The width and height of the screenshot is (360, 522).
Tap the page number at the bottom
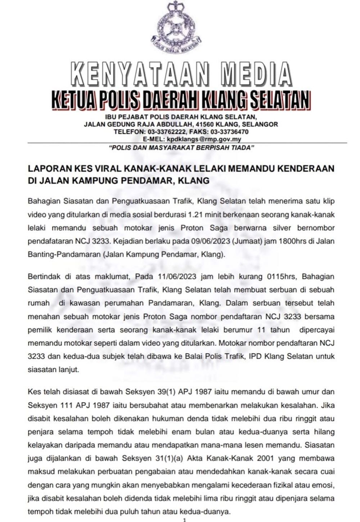(184, 519)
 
